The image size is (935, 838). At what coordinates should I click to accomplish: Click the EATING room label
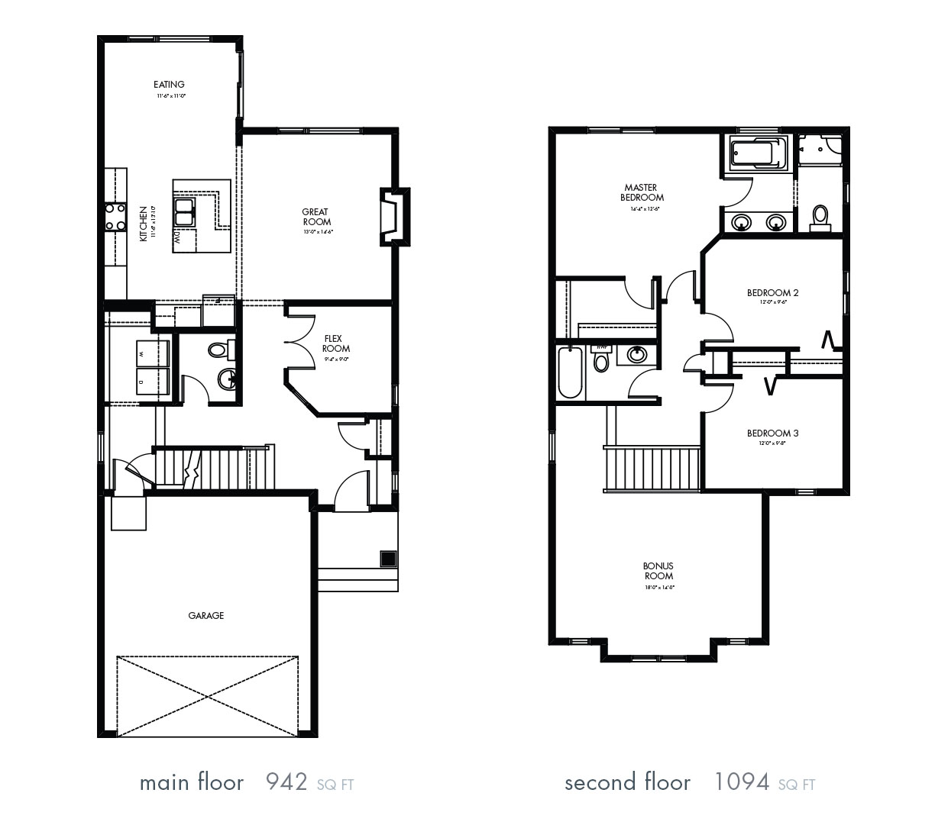click(x=169, y=85)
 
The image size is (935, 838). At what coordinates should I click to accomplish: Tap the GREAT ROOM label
click(x=315, y=217)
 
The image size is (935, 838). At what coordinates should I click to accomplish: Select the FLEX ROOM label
click(x=336, y=343)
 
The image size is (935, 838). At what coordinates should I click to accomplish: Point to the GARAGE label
click(x=206, y=615)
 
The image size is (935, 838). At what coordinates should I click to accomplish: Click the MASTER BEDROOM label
click(x=641, y=192)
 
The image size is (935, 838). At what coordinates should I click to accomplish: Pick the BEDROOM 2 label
click(x=772, y=292)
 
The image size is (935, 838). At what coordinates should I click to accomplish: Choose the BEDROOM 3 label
click(x=772, y=434)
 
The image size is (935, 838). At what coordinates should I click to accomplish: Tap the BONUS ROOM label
click(x=658, y=571)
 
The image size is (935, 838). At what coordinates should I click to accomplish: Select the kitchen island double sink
click(x=185, y=211)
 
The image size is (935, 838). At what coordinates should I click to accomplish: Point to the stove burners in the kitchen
click(x=115, y=216)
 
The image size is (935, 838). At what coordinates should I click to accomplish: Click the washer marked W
click(x=152, y=353)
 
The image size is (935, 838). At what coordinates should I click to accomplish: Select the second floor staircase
click(x=653, y=469)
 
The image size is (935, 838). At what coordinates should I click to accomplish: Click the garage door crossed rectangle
click(x=208, y=695)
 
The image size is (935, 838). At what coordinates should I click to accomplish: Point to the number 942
click(x=286, y=782)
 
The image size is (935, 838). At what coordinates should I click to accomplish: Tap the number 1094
click(x=741, y=782)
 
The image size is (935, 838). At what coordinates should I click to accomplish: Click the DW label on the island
click(x=177, y=238)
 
